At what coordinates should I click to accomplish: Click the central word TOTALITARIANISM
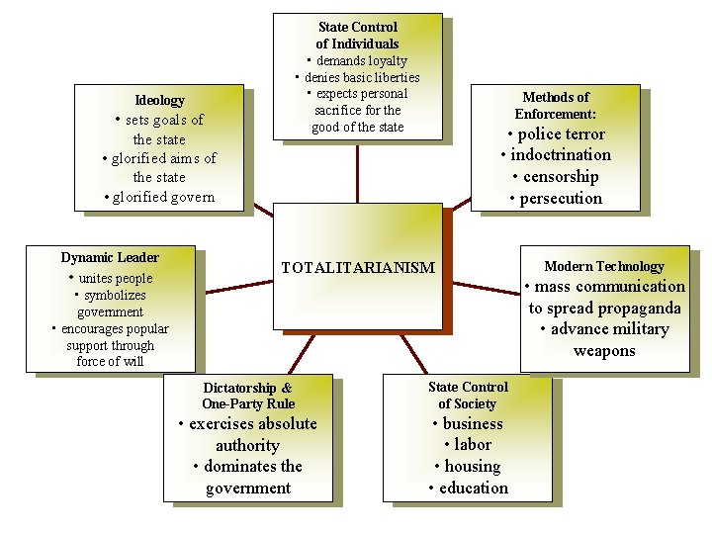coord(357,268)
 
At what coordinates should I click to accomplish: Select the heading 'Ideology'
coord(159,100)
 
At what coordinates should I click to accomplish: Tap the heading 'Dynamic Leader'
coord(110,257)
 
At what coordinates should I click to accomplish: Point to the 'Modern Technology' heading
coord(604,266)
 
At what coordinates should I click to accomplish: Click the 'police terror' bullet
coord(561,134)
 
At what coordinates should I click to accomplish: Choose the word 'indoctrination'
coord(561,155)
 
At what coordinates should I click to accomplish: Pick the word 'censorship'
coord(561,177)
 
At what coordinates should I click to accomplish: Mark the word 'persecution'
coord(561,199)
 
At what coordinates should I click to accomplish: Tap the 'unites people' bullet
coord(115,278)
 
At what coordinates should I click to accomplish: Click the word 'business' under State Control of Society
coord(473,424)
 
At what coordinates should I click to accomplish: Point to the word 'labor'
coord(473,445)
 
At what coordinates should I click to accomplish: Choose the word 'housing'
coord(473,467)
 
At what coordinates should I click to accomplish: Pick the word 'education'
coord(474,489)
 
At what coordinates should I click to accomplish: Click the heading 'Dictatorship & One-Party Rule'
coord(248,396)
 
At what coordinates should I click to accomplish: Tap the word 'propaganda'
coord(634,308)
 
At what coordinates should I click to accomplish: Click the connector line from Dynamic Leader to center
coord(237,287)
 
